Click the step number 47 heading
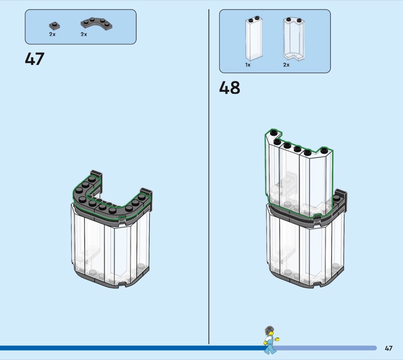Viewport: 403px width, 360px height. pyautogui.click(x=35, y=59)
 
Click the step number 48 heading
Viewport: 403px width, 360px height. pyautogui.click(x=230, y=88)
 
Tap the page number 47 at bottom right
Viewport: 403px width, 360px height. pyautogui.click(x=388, y=348)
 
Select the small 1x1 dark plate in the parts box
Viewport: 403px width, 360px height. pyautogui.click(x=54, y=26)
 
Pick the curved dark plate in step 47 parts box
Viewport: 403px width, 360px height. pyautogui.click(x=97, y=24)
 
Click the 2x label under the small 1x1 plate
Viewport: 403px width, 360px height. pyautogui.click(x=52, y=34)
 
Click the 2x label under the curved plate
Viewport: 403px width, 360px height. pyautogui.click(x=84, y=34)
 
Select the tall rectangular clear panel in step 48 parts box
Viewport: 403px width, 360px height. pyautogui.click(x=254, y=39)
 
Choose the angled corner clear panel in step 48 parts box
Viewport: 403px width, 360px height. pyautogui.click(x=294, y=39)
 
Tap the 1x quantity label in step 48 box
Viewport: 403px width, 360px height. pyautogui.click(x=248, y=65)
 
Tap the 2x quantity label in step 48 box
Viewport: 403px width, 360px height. pyautogui.click(x=286, y=65)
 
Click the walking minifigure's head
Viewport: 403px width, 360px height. pyautogui.click(x=270, y=331)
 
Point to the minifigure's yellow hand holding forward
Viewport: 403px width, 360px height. pyautogui.click(x=277, y=339)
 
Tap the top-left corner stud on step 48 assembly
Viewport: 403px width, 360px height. pyautogui.click(x=273, y=133)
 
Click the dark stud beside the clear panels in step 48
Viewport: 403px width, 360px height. pyautogui.click(x=337, y=198)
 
